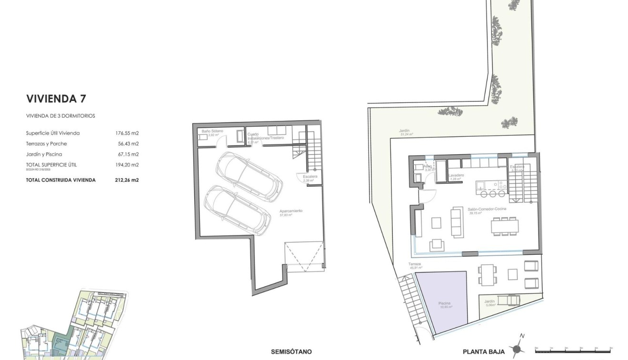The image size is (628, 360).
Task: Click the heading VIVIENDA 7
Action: click(x=56, y=99)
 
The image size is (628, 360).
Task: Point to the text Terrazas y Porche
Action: click(x=47, y=144)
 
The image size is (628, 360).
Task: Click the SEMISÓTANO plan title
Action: click(x=291, y=352)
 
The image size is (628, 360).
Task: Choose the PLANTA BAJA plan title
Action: click(x=484, y=352)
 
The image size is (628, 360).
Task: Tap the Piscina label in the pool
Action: click(x=445, y=304)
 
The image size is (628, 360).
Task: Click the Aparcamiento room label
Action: click(x=291, y=211)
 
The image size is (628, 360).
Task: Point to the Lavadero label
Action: click(x=457, y=176)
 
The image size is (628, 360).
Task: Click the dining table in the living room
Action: click(x=504, y=225)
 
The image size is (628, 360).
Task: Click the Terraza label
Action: click(x=415, y=264)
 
